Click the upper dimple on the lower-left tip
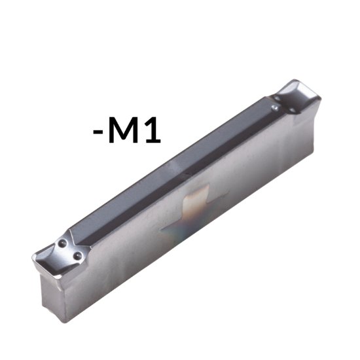tap(63, 243)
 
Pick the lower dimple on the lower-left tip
tap(78, 255)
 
